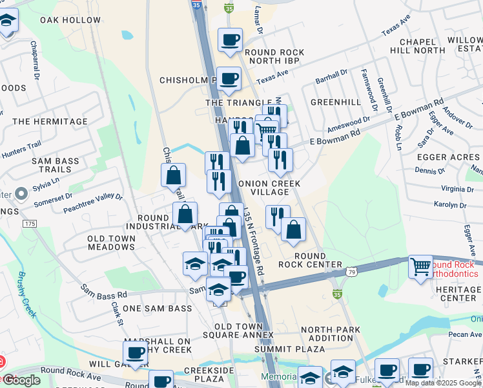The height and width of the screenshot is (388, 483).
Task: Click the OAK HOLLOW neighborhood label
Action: (x=70, y=20)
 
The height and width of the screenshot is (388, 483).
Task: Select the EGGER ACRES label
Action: (x=448, y=157)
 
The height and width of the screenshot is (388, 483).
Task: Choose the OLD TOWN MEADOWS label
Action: (x=112, y=242)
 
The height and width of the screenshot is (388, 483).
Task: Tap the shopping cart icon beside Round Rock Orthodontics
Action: (x=420, y=266)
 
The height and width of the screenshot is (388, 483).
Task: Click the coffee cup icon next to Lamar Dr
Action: (x=230, y=40)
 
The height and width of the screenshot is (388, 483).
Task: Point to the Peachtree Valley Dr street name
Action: (x=92, y=202)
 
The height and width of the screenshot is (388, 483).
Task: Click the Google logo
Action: (x=21, y=380)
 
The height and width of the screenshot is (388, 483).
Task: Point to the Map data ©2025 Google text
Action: (x=443, y=383)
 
